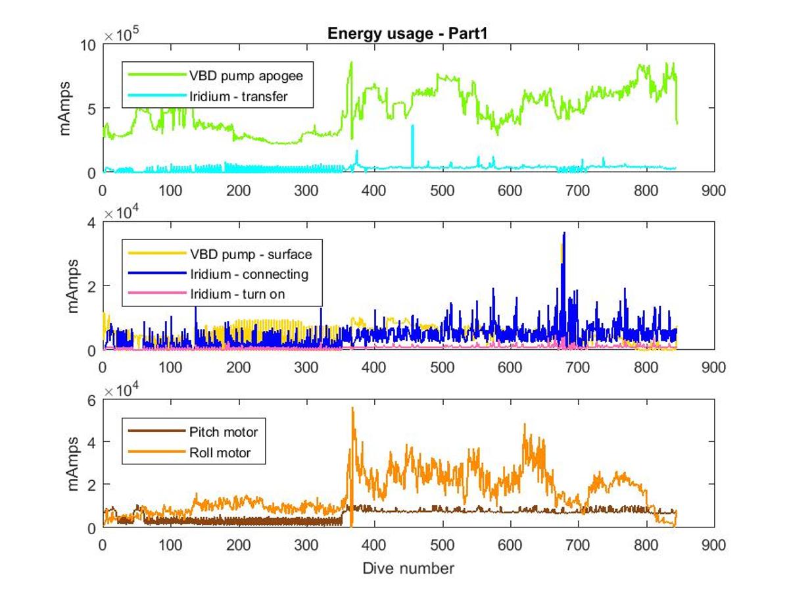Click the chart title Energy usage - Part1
406,34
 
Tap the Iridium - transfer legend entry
255,97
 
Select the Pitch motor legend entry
224,432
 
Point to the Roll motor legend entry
220,453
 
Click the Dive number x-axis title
408,568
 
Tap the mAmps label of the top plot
66,109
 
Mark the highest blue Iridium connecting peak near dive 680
563,234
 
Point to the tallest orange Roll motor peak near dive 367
352,408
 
